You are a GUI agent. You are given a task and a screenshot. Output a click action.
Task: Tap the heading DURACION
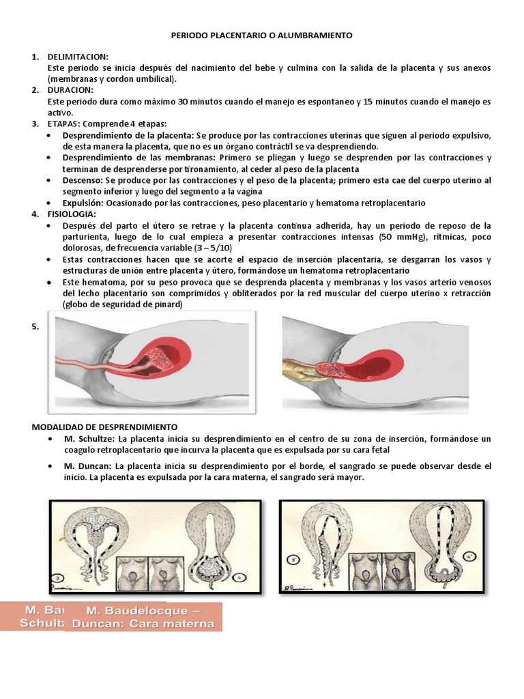point(72,89)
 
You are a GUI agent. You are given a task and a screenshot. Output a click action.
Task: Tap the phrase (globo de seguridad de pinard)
point(123,304)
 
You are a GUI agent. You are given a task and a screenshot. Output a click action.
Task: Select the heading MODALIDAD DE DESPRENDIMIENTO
point(105,426)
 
